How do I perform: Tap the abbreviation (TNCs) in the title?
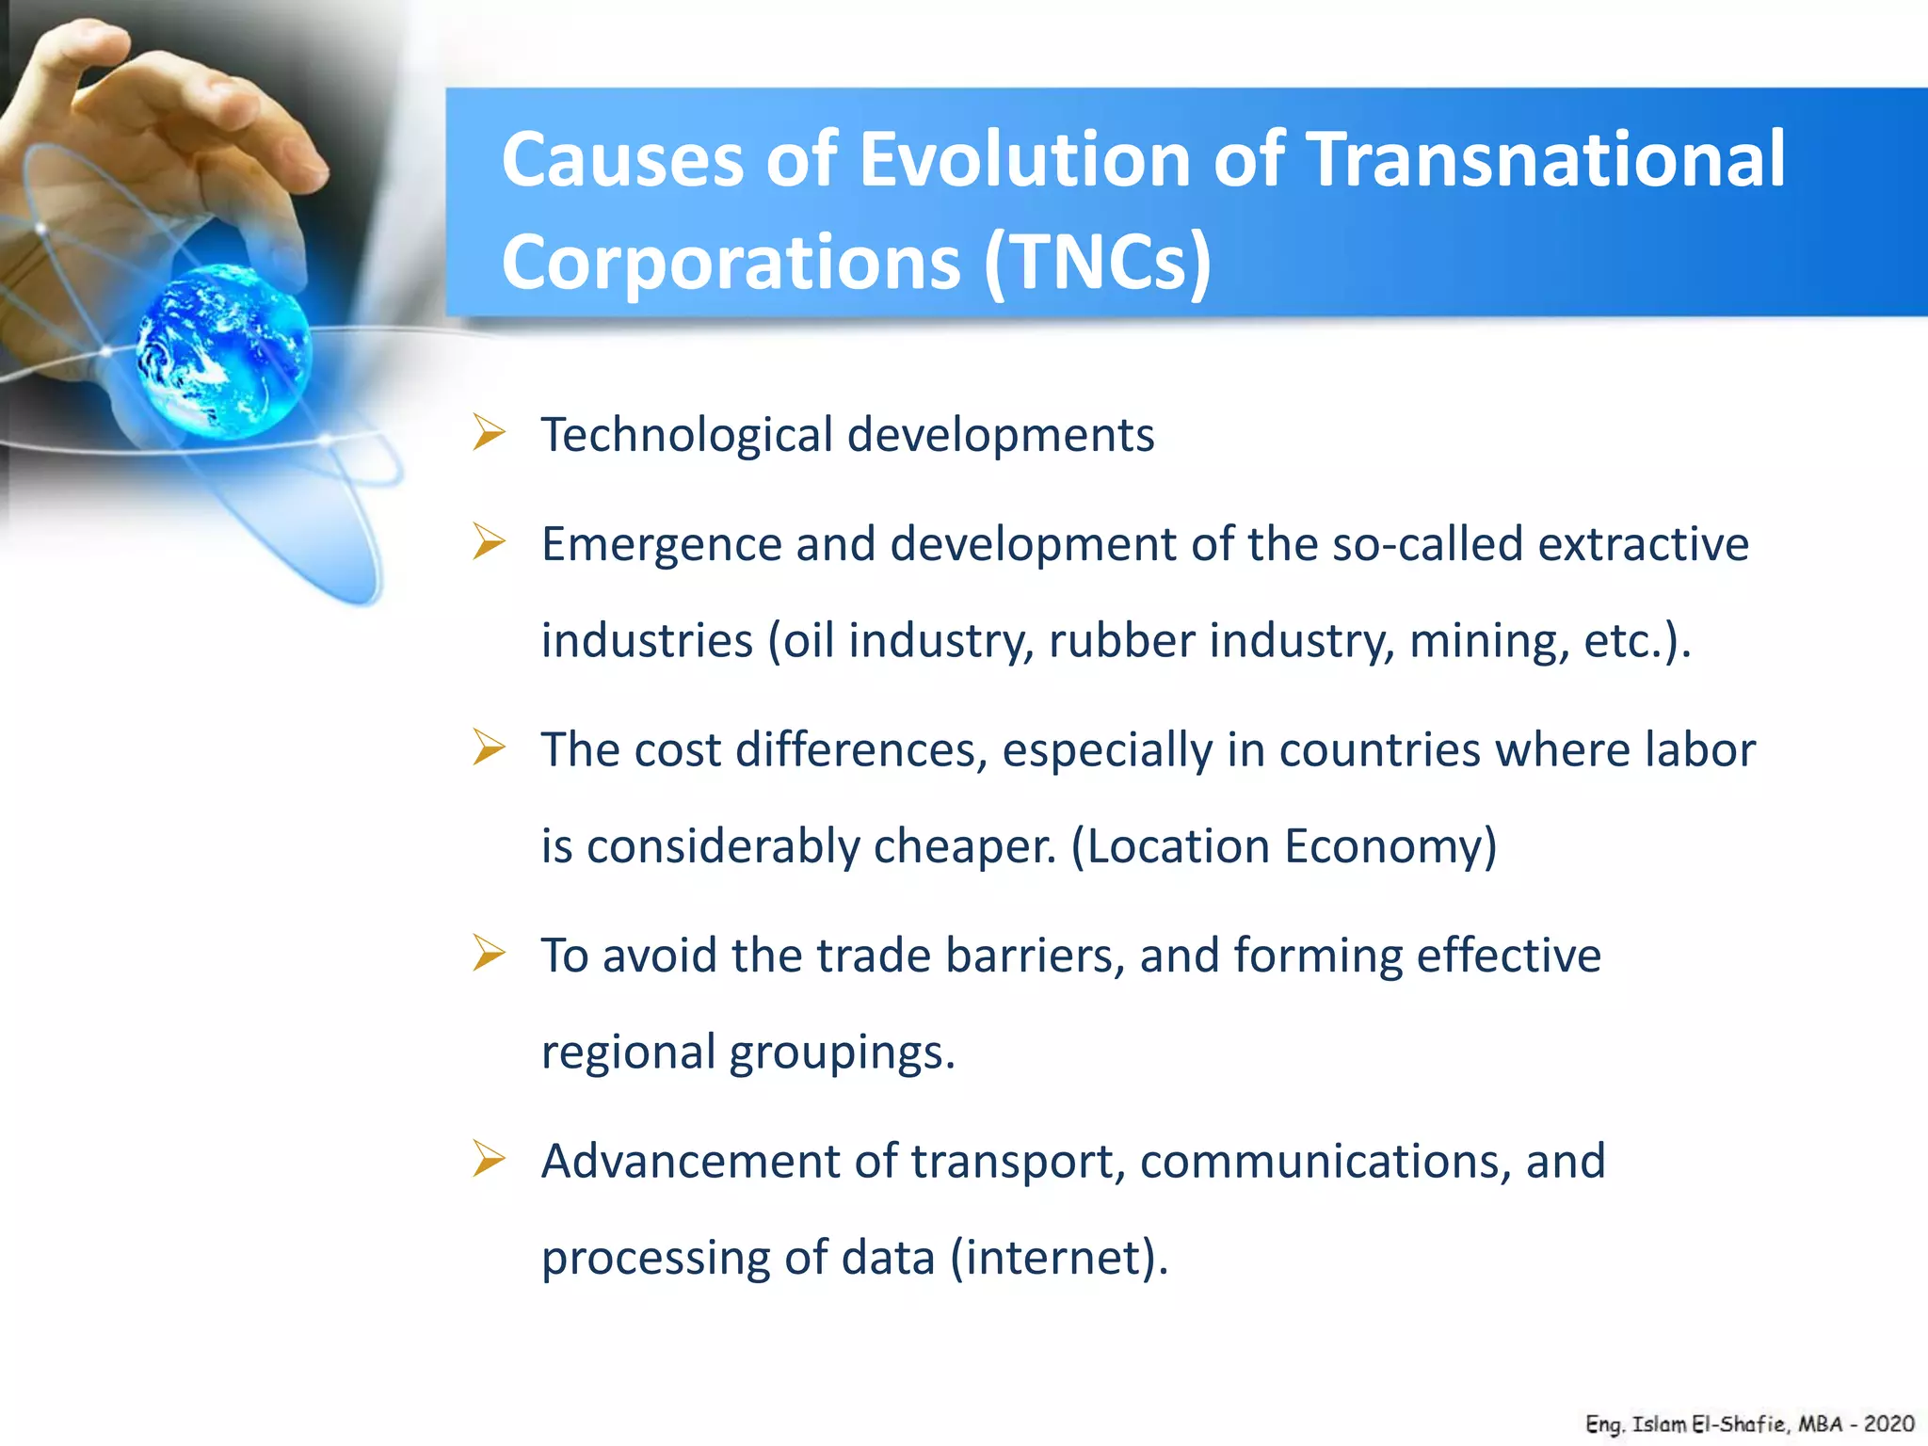pos(1098,263)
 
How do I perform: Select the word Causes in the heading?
pos(622,160)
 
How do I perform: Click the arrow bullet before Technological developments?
pos(490,433)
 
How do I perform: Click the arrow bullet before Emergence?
pos(490,542)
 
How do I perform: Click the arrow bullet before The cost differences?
pos(490,747)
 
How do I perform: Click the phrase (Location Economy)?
pos(1284,846)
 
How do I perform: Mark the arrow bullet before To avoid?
pos(490,953)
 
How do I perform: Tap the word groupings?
pos(842,1053)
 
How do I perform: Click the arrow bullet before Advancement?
pos(490,1159)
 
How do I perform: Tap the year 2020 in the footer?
pos(1888,1424)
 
